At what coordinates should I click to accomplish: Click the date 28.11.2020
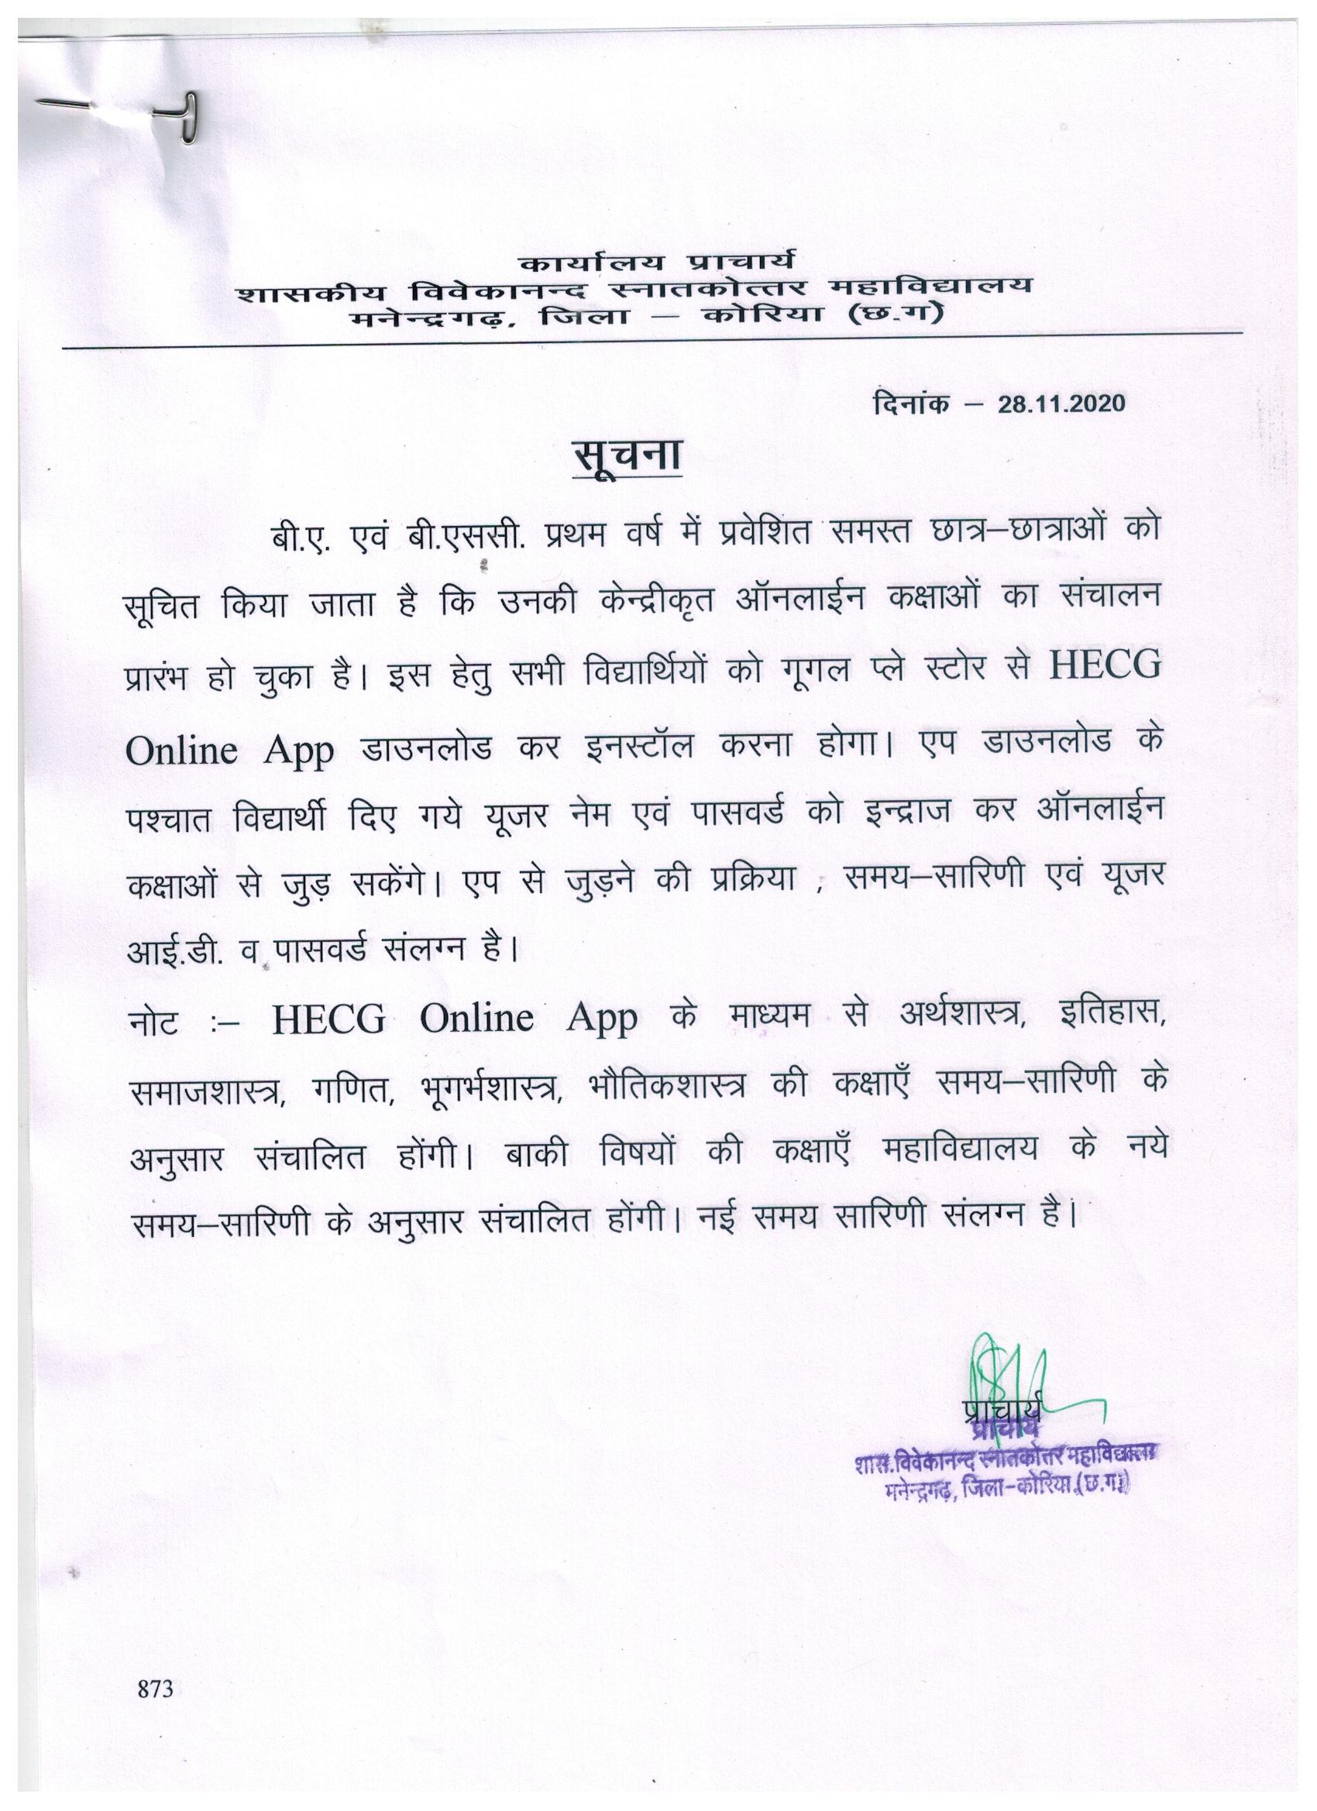(x=1061, y=404)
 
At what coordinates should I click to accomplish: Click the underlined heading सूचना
(x=628, y=459)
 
